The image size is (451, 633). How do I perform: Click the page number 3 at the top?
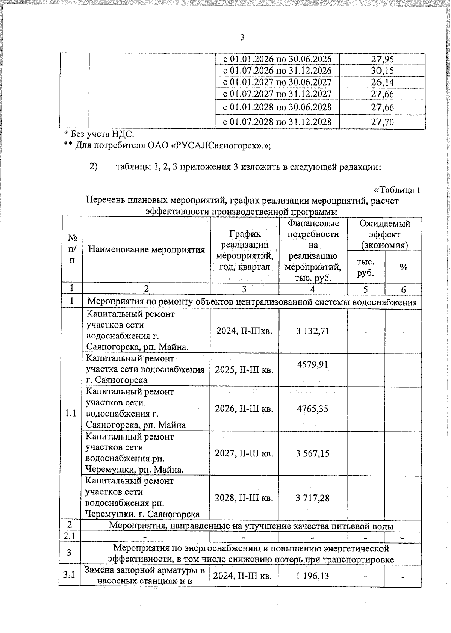(242, 37)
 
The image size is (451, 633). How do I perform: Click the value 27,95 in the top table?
(382, 59)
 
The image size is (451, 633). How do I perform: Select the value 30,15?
(382, 71)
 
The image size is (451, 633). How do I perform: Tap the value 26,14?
(382, 82)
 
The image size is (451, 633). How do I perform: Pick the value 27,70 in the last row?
(382, 122)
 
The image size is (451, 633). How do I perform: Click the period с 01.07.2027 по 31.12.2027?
(277, 94)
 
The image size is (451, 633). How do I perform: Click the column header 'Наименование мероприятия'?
(146, 250)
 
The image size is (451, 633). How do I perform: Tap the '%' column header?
(404, 267)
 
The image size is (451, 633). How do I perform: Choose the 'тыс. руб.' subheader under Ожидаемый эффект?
(366, 267)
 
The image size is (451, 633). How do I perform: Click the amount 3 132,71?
(312, 331)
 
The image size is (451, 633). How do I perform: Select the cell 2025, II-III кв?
(244, 370)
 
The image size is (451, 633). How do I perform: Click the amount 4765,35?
(312, 409)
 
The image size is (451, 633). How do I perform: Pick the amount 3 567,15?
(312, 453)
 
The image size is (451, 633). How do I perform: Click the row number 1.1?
(71, 414)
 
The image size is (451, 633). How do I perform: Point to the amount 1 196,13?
(312, 576)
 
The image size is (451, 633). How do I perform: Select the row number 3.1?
(69, 576)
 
